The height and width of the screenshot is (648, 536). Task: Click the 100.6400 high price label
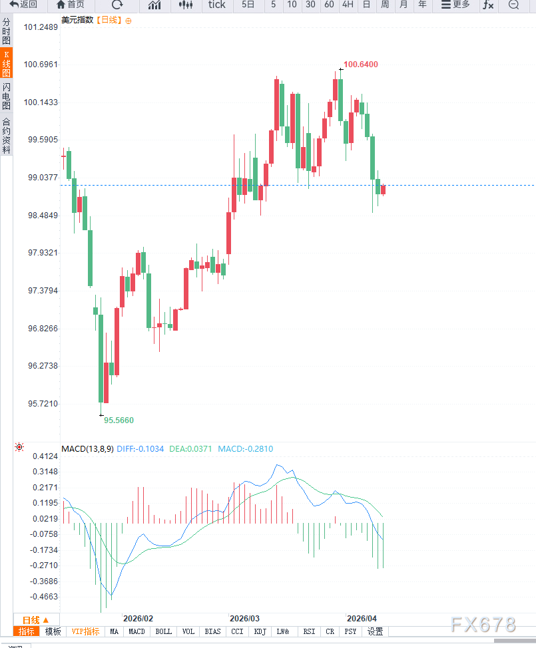(x=360, y=65)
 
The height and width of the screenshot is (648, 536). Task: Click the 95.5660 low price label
(x=119, y=420)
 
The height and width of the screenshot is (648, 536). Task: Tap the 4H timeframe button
(x=348, y=5)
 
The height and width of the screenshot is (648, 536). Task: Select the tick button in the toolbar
(x=216, y=5)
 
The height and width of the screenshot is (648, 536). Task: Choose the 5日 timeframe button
(x=248, y=5)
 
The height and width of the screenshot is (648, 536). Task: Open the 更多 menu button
(x=455, y=5)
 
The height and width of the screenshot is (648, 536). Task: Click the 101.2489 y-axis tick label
(x=40, y=27)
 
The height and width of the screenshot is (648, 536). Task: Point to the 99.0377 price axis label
(x=40, y=178)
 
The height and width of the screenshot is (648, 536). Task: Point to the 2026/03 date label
(x=244, y=618)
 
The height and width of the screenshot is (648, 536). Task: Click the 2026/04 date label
(x=362, y=618)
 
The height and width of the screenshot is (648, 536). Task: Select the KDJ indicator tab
(x=260, y=631)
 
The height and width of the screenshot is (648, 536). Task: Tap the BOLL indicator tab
(x=163, y=631)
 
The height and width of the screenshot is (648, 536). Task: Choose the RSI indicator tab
(x=309, y=631)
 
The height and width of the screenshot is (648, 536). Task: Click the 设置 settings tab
(x=375, y=631)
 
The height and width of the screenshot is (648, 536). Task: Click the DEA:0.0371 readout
(x=190, y=449)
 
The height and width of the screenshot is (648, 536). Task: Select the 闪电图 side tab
(x=6, y=97)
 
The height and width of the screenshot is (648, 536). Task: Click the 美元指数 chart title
(x=77, y=20)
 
